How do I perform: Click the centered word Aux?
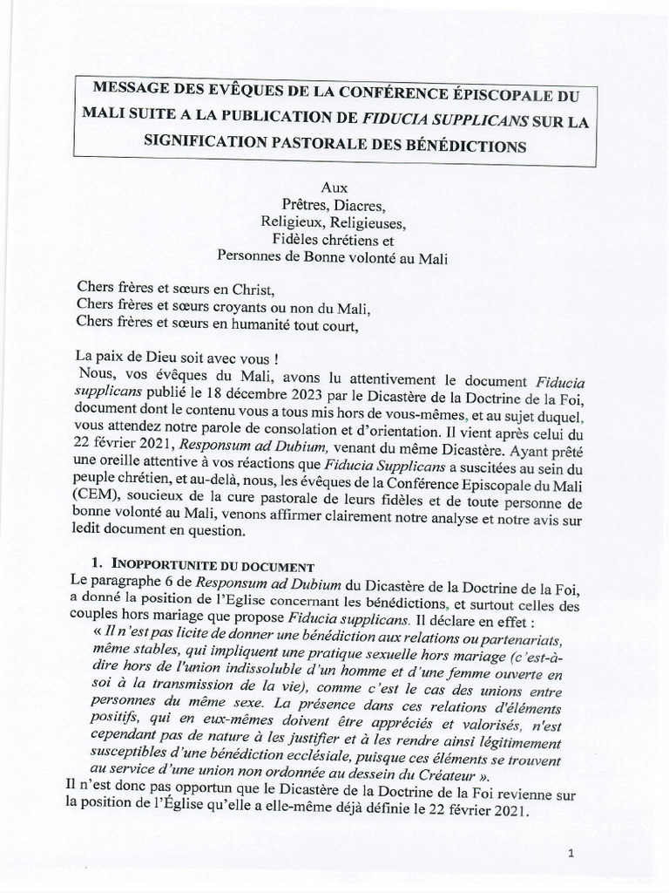[x=334, y=187]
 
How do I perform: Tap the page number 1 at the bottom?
[x=570, y=855]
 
